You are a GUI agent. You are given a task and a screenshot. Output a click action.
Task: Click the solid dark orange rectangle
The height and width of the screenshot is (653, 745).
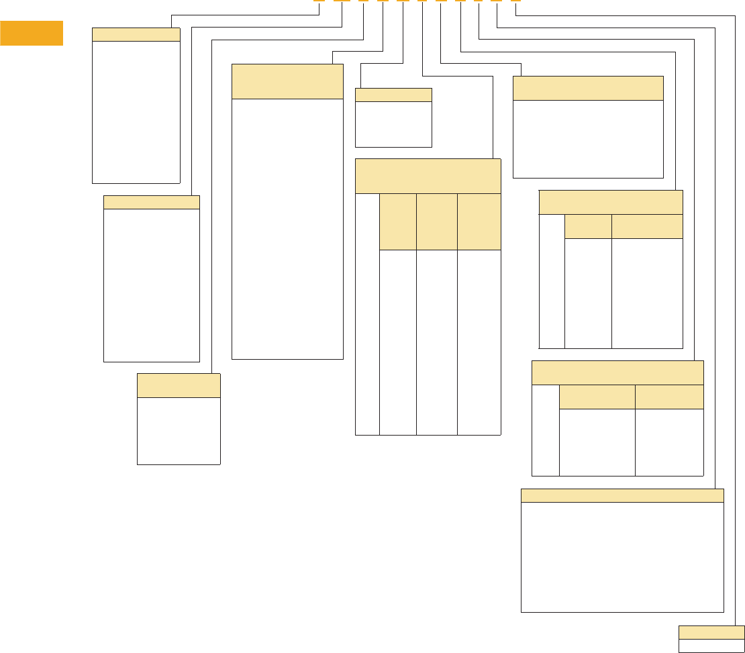pyautogui.click(x=32, y=33)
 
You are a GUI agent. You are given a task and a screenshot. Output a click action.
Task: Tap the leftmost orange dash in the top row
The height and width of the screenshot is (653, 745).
pyautogui.click(x=319, y=1)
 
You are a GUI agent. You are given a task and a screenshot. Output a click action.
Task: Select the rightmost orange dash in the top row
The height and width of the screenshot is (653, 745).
pyautogui.click(x=515, y=1)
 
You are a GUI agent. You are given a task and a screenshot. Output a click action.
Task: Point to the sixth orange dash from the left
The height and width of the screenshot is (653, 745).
pyautogui.click(x=421, y=1)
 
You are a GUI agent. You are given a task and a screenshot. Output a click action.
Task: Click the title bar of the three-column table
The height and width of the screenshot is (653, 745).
pyautogui.click(x=428, y=176)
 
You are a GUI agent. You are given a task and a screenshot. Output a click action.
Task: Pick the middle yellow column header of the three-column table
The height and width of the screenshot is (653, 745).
pyautogui.click(x=436, y=221)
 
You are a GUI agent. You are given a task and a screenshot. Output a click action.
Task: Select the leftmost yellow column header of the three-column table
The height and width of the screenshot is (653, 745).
pyautogui.click(x=397, y=221)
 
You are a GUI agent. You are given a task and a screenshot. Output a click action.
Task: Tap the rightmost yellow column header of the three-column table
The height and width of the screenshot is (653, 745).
pyautogui.click(x=479, y=221)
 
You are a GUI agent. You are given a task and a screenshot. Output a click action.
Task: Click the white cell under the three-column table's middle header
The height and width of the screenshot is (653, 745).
pyautogui.click(x=436, y=342)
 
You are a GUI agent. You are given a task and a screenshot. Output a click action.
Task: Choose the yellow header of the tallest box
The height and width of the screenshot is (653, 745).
pyautogui.click(x=287, y=81)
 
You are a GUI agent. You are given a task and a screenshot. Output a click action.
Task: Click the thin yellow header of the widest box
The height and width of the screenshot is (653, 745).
pyautogui.click(x=622, y=495)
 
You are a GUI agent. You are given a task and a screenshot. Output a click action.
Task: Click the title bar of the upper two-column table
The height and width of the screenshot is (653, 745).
pyautogui.click(x=611, y=202)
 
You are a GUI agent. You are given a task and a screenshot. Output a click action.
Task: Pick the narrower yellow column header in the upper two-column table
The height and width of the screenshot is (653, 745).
pyautogui.click(x=588, y=226)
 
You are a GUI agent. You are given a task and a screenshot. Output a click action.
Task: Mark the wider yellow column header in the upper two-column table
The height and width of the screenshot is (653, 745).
pyautogui.click(x=647, y=226)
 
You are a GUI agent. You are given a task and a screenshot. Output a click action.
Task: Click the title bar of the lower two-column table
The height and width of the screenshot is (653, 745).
pyautogui.click(x=617, y=372)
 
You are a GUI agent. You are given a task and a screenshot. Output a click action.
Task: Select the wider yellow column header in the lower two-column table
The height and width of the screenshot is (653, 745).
pyautogui.click(x=597, y=397)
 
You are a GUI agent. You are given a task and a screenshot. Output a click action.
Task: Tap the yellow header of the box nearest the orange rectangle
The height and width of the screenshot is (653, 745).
pyautogui.click(x=136, y=34)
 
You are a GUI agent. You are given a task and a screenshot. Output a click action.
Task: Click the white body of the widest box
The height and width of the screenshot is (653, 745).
pyautogui.click(x=622, y=557)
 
